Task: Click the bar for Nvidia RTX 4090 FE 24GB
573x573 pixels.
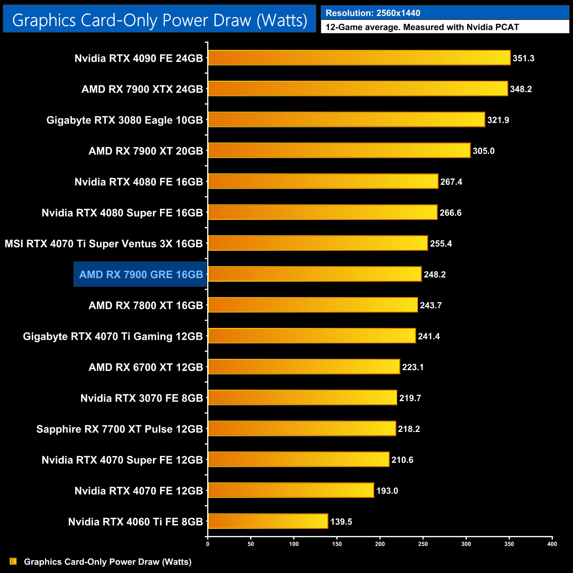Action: point(359,58)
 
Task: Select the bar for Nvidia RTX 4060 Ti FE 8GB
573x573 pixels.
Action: point(268,521)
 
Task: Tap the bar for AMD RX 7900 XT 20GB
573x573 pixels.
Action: point(339,151)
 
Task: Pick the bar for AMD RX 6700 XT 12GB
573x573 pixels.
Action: point(304,367)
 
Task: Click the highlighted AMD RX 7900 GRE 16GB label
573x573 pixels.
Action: point(141,275)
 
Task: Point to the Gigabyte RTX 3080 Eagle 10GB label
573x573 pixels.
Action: point(125,120)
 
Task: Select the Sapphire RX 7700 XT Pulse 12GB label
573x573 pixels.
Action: point(119,429)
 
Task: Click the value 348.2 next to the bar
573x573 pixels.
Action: point(521,89)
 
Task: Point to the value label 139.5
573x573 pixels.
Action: point(341,522)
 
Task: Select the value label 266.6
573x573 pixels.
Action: point(450,213)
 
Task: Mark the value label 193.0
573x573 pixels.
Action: point(387,491)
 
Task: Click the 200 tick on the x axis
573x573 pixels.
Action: point(380,544)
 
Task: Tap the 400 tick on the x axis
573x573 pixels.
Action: point(552,544)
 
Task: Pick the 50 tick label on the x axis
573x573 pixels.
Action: point(251,544)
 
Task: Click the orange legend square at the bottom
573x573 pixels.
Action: point(13,562)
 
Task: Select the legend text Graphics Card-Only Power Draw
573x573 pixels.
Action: point(108,562)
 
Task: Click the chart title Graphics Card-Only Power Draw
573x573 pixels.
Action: point(160,20)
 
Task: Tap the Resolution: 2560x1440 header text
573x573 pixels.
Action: point(373,13)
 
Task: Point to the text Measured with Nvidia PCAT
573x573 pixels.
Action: point(461,27)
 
